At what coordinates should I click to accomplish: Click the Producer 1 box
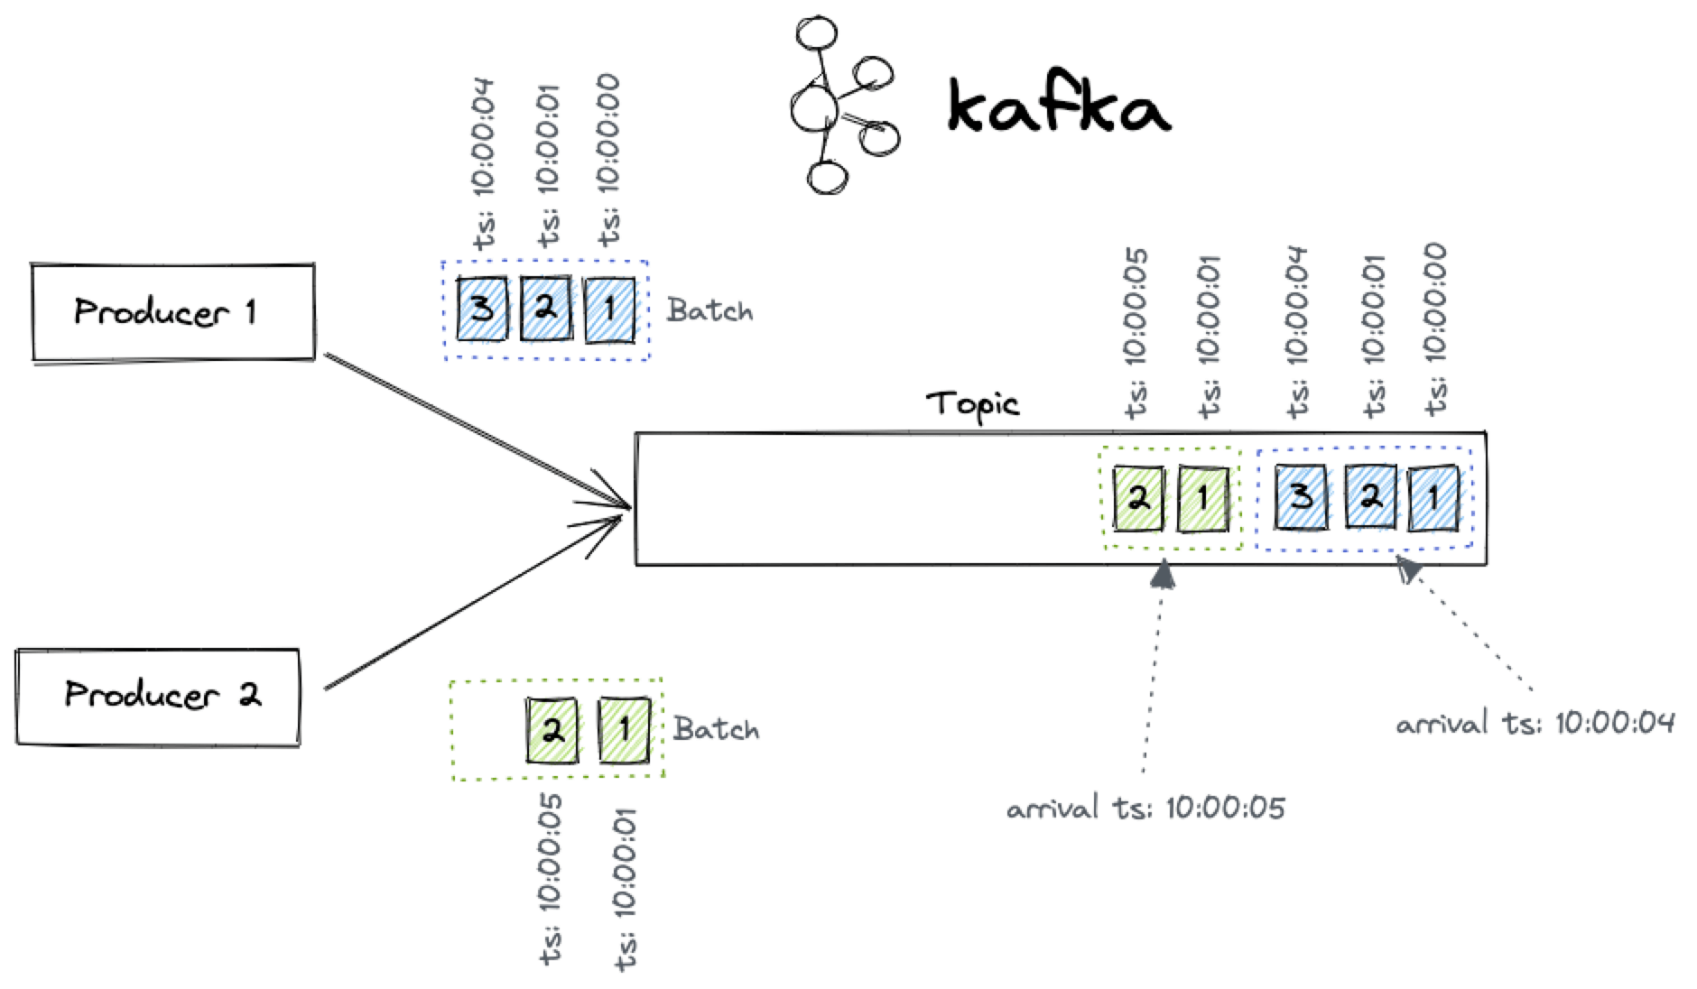pyautogui.click(x=172, y=312)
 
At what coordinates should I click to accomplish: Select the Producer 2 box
pyautogui.click(x=158, y=696)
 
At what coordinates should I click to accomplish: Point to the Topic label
pyautogui.click(x=972, y=403)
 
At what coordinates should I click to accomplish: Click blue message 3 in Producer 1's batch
pyautogui.click(x=481, y=310)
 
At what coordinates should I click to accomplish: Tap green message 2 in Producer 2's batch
pyautogui.click(x=552, y=729)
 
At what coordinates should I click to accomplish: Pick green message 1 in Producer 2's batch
pyautogui.click(x=624, y=728)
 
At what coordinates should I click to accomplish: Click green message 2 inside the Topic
pyautogui.click(x=1138, y=497)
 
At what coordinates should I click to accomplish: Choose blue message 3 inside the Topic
pyautogui.click(x=1301, y=496)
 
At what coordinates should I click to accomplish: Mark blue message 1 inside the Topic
pyautogui.click(x=1433, y=497)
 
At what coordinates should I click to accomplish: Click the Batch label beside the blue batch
pyautogui.click(x=709, y=311)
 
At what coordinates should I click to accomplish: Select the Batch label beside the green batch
pyautogui.click(x=716, y=729)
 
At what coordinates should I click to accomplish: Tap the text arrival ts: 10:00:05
pyautogui.click(x=1145, y=808)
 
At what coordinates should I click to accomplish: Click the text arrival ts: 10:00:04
pyautogui.click(x=1535, y=723)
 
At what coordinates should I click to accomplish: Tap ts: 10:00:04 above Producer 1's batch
pyautogui.click(x=483, y=163)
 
